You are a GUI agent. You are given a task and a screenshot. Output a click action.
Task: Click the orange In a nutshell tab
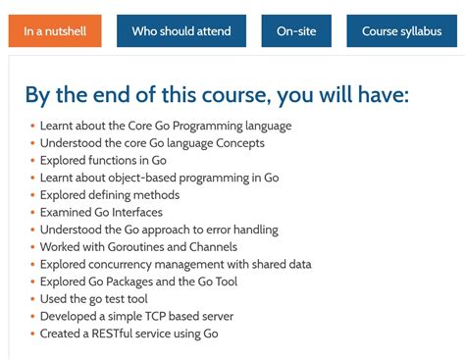(55, 31)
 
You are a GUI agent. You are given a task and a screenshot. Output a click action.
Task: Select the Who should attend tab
(181, 31)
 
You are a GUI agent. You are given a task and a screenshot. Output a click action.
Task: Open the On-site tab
(296, 31)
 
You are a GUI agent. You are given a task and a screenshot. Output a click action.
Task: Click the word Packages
(136, 282)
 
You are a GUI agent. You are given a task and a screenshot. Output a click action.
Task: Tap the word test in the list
(114, 299)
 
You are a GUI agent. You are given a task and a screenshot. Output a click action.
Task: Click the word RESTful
(118, 334)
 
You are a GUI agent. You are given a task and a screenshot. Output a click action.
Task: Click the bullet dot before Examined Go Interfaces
(32, 212)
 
